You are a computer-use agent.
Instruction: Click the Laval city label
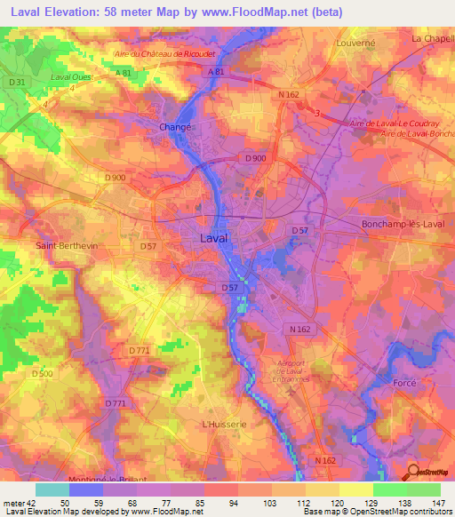[x=212, y=239]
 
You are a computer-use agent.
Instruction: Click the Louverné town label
[x=355, y=42]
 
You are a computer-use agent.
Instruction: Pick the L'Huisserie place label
[x=222, y=425]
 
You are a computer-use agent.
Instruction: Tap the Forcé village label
[x=404, y=383]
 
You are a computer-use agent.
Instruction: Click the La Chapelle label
[x=432, y=39]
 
